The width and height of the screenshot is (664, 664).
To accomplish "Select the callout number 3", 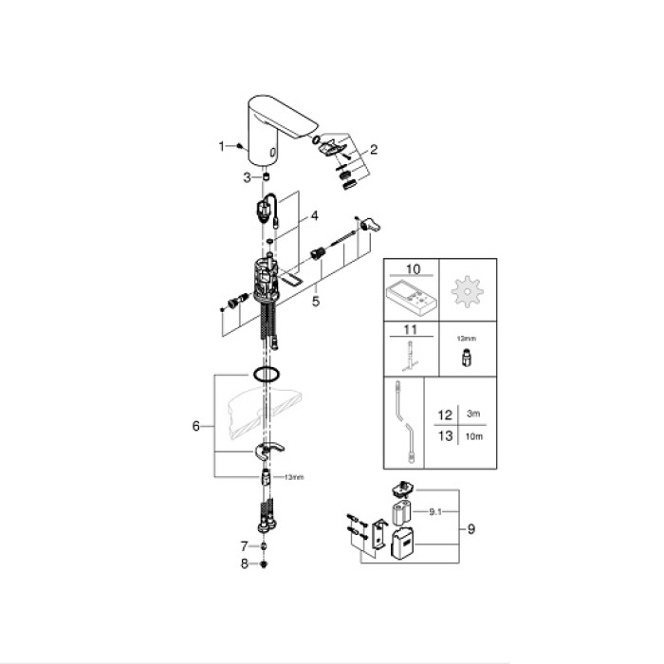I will [x=247, y=177].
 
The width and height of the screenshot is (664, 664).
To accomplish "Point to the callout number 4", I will [x=314, y=215].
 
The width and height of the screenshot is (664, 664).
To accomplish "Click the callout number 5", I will [x=316, y=300].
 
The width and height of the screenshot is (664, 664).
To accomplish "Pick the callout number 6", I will [x=195, y=426].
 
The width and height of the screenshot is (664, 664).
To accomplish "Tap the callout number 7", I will [x=244, y=547].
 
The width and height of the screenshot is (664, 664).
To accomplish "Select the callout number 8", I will [x=244, y=564].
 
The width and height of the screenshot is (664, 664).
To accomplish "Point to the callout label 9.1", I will [x=435, y=511].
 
